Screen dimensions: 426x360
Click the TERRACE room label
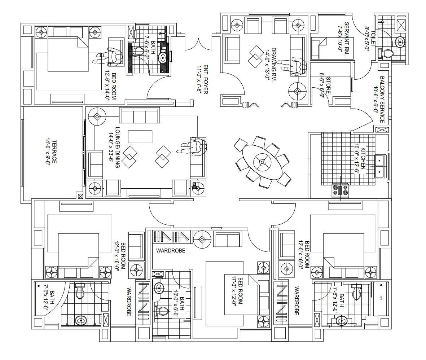point(54,152)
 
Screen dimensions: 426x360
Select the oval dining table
point(262,162)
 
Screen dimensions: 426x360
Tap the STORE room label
point(328,85)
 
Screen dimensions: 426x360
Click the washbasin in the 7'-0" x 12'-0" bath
point(80,321)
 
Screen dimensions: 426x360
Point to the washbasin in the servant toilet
point(400,42)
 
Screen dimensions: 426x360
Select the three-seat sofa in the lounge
point(140,115)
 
